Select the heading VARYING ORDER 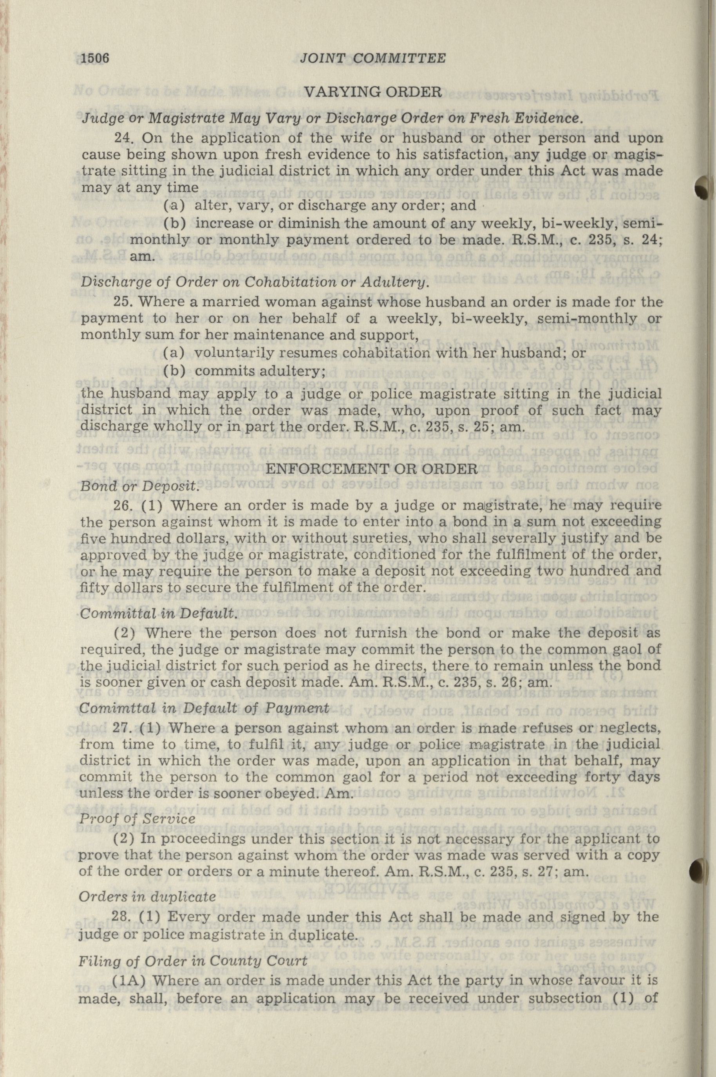(x=372, y=93)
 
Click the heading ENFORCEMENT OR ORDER (x=372, y=469)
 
